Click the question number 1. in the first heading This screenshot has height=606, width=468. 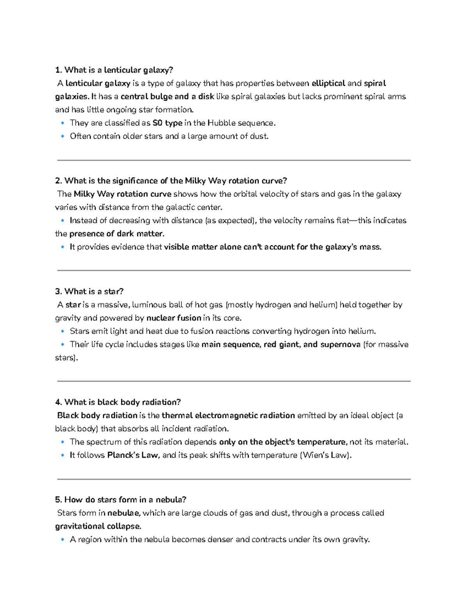58,70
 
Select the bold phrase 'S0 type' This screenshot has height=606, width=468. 167,123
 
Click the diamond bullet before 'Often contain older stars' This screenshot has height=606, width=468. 62,136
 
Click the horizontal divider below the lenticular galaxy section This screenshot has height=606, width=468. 234,160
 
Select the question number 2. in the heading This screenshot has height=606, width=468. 58,181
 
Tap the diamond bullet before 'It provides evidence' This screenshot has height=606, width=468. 62,247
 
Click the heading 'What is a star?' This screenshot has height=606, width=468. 94,291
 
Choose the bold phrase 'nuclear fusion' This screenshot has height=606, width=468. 174,318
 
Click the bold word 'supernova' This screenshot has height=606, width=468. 340,345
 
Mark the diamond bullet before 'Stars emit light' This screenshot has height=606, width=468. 62,331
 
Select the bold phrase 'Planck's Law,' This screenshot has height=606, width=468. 133,455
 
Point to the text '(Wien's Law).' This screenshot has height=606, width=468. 326,455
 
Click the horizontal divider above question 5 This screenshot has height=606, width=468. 234,479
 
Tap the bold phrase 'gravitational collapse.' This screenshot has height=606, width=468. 98,526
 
